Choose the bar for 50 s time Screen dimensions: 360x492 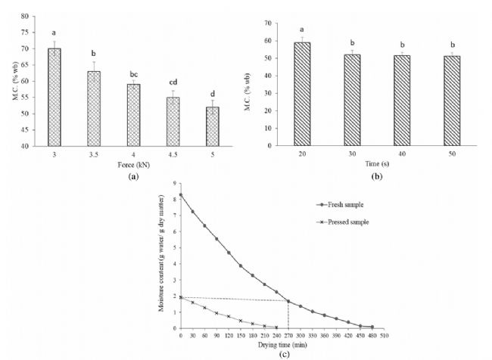pos(452,101)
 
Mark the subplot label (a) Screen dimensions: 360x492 pos(134,175)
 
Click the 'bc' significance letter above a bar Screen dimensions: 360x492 pos(134,70)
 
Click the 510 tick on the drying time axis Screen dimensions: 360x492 pos(384,335)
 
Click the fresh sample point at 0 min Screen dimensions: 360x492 pos(180,195)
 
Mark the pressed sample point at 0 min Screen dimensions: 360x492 pos(180,297)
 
